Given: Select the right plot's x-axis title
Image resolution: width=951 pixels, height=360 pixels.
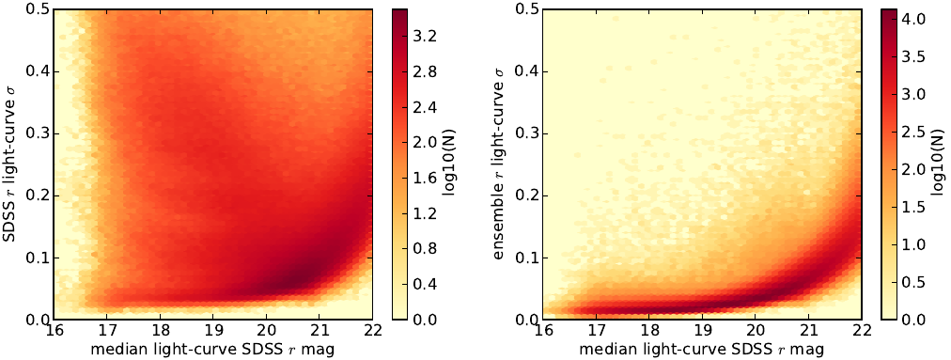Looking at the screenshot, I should [x=702, y=350].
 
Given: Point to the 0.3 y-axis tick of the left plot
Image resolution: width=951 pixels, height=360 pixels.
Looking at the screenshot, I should [x=37, y=133].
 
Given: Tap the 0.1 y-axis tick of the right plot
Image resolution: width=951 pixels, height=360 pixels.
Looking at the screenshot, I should [x=526, y=258].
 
